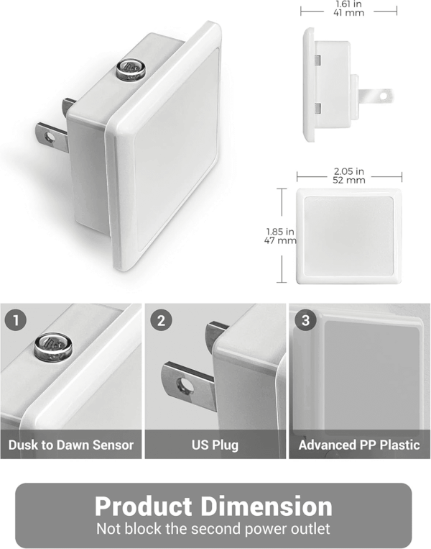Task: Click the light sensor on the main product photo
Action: pos(131,68)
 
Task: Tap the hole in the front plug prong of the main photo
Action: pos(50,137)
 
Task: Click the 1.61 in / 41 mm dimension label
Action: pos(348,9)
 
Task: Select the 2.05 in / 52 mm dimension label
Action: pos(348,176)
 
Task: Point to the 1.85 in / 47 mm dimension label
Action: pos(280,236)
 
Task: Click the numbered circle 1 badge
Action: pos(16,320)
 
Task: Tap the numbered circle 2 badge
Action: pos(161,320)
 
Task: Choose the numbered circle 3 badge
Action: pos(305,320)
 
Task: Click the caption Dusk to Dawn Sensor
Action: pos(71,445)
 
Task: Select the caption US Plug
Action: pos(215,445)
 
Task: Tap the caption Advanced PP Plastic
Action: pos(359,445)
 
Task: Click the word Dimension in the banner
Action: pos(267,507)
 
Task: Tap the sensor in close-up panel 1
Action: pos(53,346)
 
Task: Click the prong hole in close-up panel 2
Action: pos(185,386)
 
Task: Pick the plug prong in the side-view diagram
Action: pos(376,96)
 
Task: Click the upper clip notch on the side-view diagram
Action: pos(318,60)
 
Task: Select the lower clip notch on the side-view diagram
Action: pos(318,108)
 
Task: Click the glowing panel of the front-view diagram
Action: pos(348,236)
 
